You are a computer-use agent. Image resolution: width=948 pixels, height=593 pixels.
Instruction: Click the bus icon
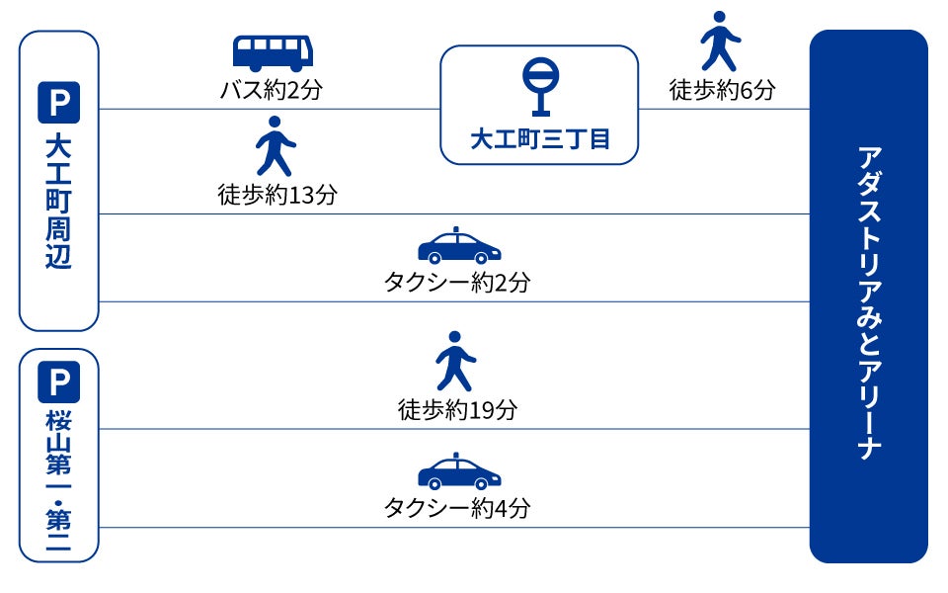(x=273, y=53)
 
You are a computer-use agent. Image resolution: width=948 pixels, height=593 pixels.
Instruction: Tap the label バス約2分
(x=272, y=91)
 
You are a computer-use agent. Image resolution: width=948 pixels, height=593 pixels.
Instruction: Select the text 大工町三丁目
(x=539, y=139)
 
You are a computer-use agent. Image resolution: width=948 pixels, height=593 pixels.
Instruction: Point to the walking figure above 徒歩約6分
(x=720, y=42)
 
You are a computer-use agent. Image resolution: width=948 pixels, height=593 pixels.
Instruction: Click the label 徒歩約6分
(x=722, y=91)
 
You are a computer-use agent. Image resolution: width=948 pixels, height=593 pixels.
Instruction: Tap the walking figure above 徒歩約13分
(x=276, y=145)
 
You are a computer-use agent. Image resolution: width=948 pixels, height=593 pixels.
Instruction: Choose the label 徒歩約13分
(x=276, y=195)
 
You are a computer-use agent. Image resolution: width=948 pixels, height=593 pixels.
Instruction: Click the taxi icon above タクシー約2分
(x=459, y=247)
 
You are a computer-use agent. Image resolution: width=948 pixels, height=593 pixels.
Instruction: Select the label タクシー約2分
(x=457, y=283)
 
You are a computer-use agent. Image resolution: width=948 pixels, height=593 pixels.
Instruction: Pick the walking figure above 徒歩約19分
(x=455, y=361)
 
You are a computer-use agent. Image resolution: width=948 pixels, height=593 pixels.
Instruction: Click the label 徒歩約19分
(x=457, y=409)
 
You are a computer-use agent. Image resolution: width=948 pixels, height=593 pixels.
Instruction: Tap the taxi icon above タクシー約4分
(x=459, y=472)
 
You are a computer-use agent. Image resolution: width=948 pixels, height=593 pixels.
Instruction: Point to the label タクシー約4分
(x=457, y=509)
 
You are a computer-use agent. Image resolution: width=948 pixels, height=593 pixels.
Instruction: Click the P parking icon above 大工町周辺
(x=58, y=103)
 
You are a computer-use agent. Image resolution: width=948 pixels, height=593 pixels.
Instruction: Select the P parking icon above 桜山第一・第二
(x=58, y=382)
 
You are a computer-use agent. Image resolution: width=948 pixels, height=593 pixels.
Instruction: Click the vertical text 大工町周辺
(x=58, y=203)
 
